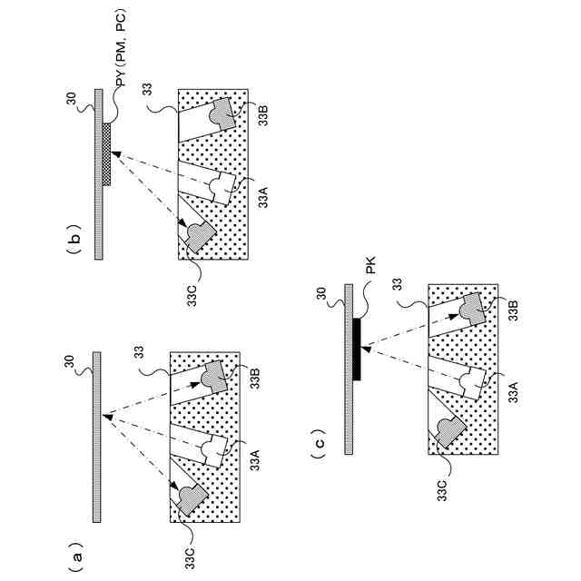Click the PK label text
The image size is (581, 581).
[x=370, y=271]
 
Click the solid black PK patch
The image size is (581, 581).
[x=357, y=349]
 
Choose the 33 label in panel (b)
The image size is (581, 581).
[x=146, y=92]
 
